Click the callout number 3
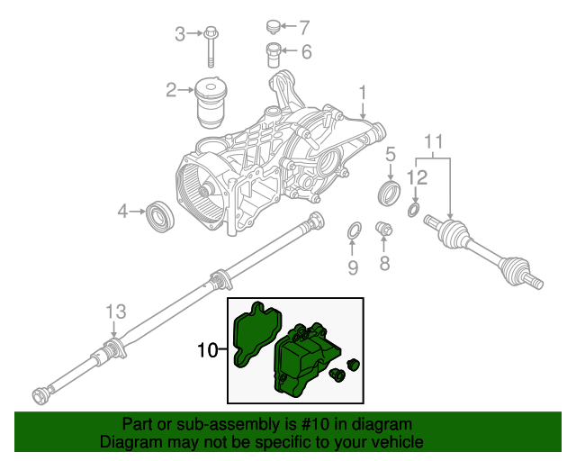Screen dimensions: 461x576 tap(179, 34)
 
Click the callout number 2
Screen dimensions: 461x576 tap(169, 89)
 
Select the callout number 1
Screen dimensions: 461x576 tap(363, 93)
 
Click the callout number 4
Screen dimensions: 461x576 tap(123, 212)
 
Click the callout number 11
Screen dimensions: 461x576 tap(434, 142)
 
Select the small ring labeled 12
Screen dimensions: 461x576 tap(412, 211)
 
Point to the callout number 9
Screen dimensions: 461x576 tap(353, 267)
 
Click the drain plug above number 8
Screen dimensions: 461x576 tap(384, 230)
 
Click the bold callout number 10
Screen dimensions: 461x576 tap(206, 349)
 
